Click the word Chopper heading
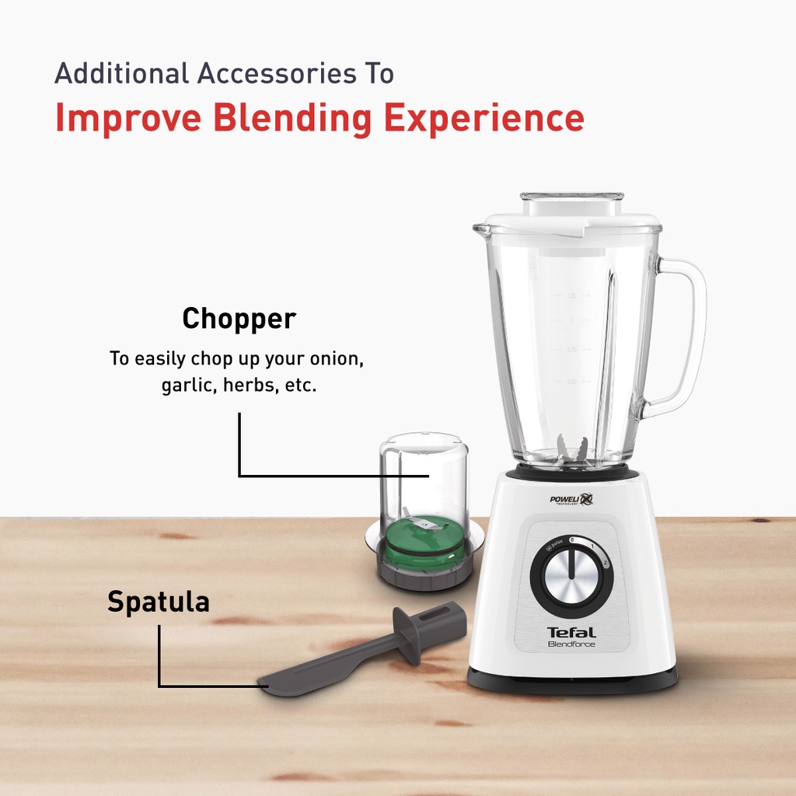pos(239,319)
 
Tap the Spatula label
pos(159,602)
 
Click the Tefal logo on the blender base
pos(571,632)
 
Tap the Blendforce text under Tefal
pos(571,644)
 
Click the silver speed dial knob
pos(571,577)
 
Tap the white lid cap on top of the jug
pos(571,204)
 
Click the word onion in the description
pos(339,359)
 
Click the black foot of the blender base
pos(572,680)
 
